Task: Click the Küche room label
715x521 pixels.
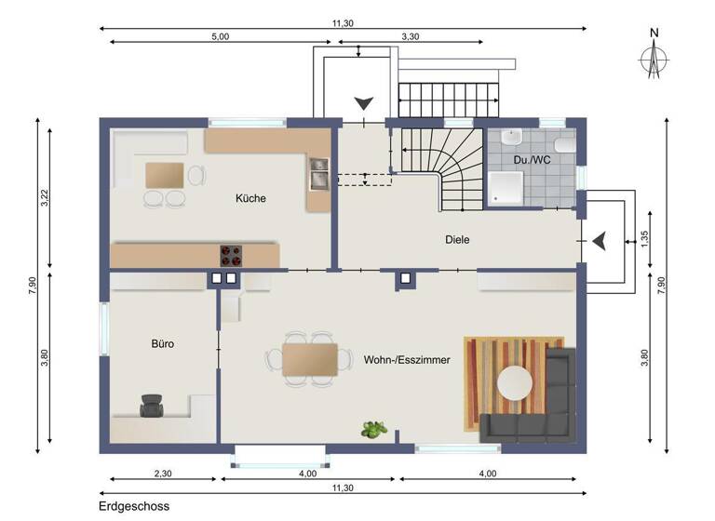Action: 250,198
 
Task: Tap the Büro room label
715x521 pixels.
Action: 163,343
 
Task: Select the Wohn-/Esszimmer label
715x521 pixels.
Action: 401,358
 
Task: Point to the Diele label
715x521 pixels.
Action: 457,239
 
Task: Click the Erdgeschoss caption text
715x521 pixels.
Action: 134,507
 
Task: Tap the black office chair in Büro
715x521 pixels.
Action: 151,405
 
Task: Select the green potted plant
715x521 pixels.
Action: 374,429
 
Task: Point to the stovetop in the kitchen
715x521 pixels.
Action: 231,252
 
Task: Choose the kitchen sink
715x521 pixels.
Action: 319,173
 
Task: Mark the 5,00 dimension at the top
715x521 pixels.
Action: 219,36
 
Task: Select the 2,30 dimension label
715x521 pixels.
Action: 163,474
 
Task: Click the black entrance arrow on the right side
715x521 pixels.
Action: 601,241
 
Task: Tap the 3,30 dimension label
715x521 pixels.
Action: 410,36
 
